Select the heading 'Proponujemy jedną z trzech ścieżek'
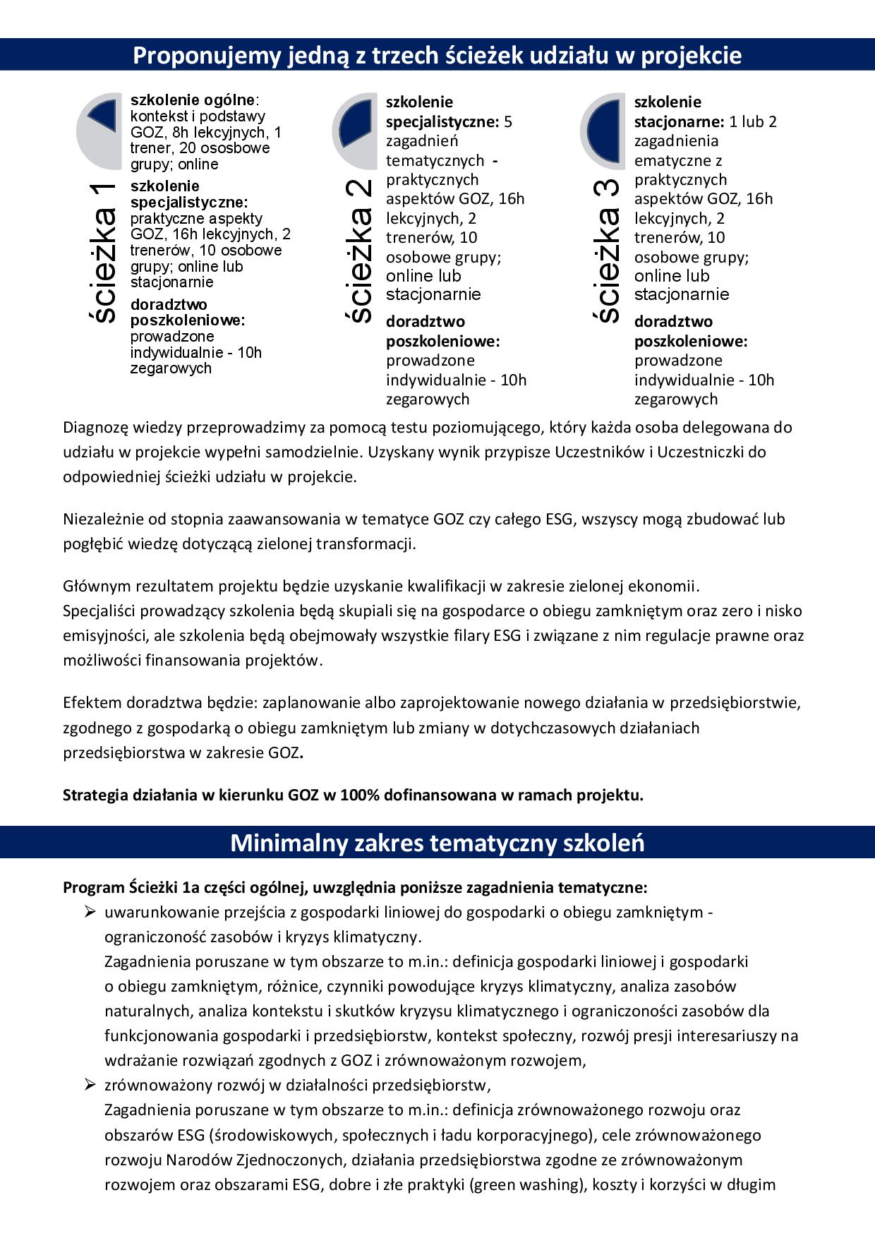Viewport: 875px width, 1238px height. (x=437, y=55)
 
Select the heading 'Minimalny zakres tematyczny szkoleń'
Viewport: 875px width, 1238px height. (x=437, y=843)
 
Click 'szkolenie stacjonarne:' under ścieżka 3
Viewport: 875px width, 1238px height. (x=677, y=112)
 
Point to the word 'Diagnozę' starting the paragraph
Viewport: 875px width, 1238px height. (x=92, y=428)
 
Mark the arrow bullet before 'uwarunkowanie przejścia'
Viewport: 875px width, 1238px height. (x=90, y=912)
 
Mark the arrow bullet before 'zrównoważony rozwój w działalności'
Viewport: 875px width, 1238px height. (x=90, y=1085)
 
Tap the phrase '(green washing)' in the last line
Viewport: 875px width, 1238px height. (x=529, y=1185)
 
